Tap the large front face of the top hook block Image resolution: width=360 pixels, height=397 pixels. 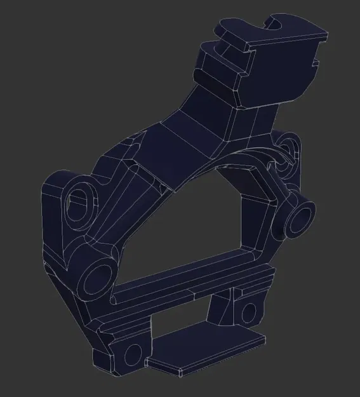pyautogui.click(x=279, y=64)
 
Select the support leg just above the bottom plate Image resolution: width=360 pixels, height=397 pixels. pyautogui.click(x=219, y=311)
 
